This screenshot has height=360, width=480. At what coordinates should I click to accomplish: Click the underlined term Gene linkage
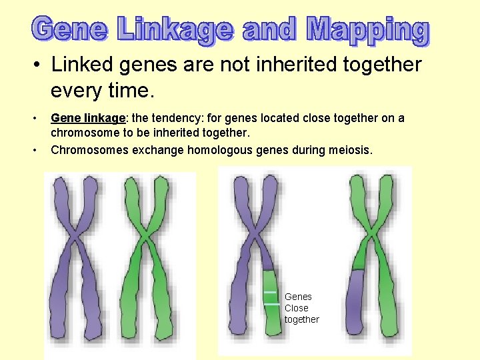click(88, 118)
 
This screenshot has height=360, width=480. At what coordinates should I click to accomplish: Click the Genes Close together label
click(301, 308)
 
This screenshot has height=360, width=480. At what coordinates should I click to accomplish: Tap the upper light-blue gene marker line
click(270, 292)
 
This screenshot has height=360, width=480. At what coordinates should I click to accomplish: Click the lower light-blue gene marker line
click(271, 305)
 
